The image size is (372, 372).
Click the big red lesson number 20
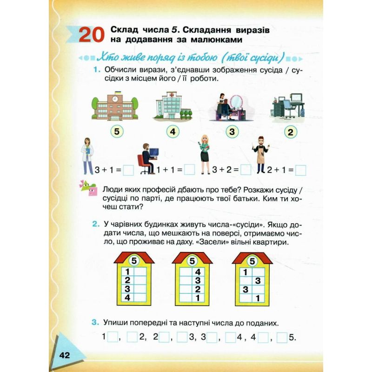(92, 34)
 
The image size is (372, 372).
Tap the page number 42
(65, 355)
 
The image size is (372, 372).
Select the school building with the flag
(115, 106)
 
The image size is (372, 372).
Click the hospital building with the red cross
(172, 106)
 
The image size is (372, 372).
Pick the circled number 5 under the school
(117, 131)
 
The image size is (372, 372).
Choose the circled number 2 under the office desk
(290, 132)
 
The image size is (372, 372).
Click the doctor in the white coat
(87, 156)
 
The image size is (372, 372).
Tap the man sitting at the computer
(147, 159)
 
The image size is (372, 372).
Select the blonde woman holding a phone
(205, 155)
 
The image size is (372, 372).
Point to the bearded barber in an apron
(261, 154)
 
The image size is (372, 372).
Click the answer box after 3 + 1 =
(128, 170)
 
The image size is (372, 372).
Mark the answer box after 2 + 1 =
(300, 170)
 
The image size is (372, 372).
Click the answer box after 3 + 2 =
(246, 170)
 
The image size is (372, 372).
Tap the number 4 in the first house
(127, 298)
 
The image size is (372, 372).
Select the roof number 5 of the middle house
(192, 261)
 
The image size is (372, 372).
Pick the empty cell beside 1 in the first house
(140, 272)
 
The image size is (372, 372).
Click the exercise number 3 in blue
(95, 322)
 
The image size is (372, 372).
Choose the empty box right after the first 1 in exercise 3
(113, 337)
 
